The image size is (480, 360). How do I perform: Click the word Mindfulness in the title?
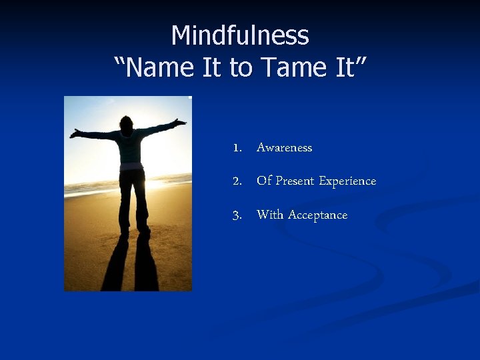240,35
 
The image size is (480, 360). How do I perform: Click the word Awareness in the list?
284,148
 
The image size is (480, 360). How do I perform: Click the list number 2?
237,181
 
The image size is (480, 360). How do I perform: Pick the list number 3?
237,215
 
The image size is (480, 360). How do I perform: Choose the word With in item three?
270,215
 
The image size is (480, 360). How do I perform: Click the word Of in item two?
264,181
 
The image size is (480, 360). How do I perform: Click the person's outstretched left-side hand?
74,133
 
